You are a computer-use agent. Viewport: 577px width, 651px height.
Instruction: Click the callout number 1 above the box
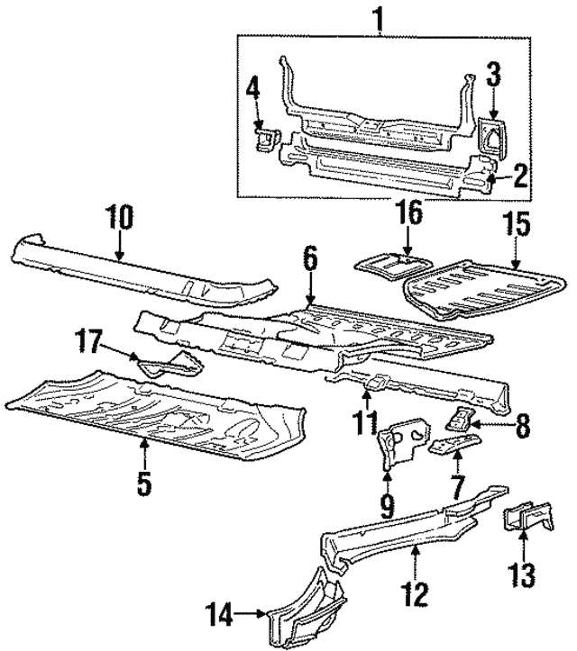(380, 17)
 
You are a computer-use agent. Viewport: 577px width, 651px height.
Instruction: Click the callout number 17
(90, 342)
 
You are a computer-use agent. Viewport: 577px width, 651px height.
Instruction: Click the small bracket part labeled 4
(267, 140)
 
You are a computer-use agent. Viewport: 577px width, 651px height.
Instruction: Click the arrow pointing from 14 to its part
(247, 615)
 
